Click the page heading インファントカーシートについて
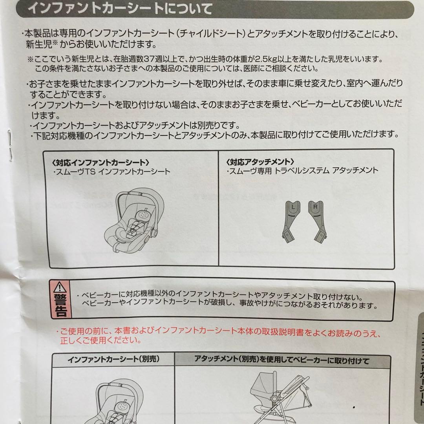coord(121,8)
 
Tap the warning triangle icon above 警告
coord(60,287)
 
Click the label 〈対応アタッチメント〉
coord(260,162)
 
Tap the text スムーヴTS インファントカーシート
coord(112,172)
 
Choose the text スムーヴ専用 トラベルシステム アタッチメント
coord(302,171)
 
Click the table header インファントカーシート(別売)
coord(113,359)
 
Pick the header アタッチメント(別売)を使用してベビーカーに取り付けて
coord(282,360)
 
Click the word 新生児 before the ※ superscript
coord(39,44)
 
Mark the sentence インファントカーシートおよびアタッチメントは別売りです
coord(135,126)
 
